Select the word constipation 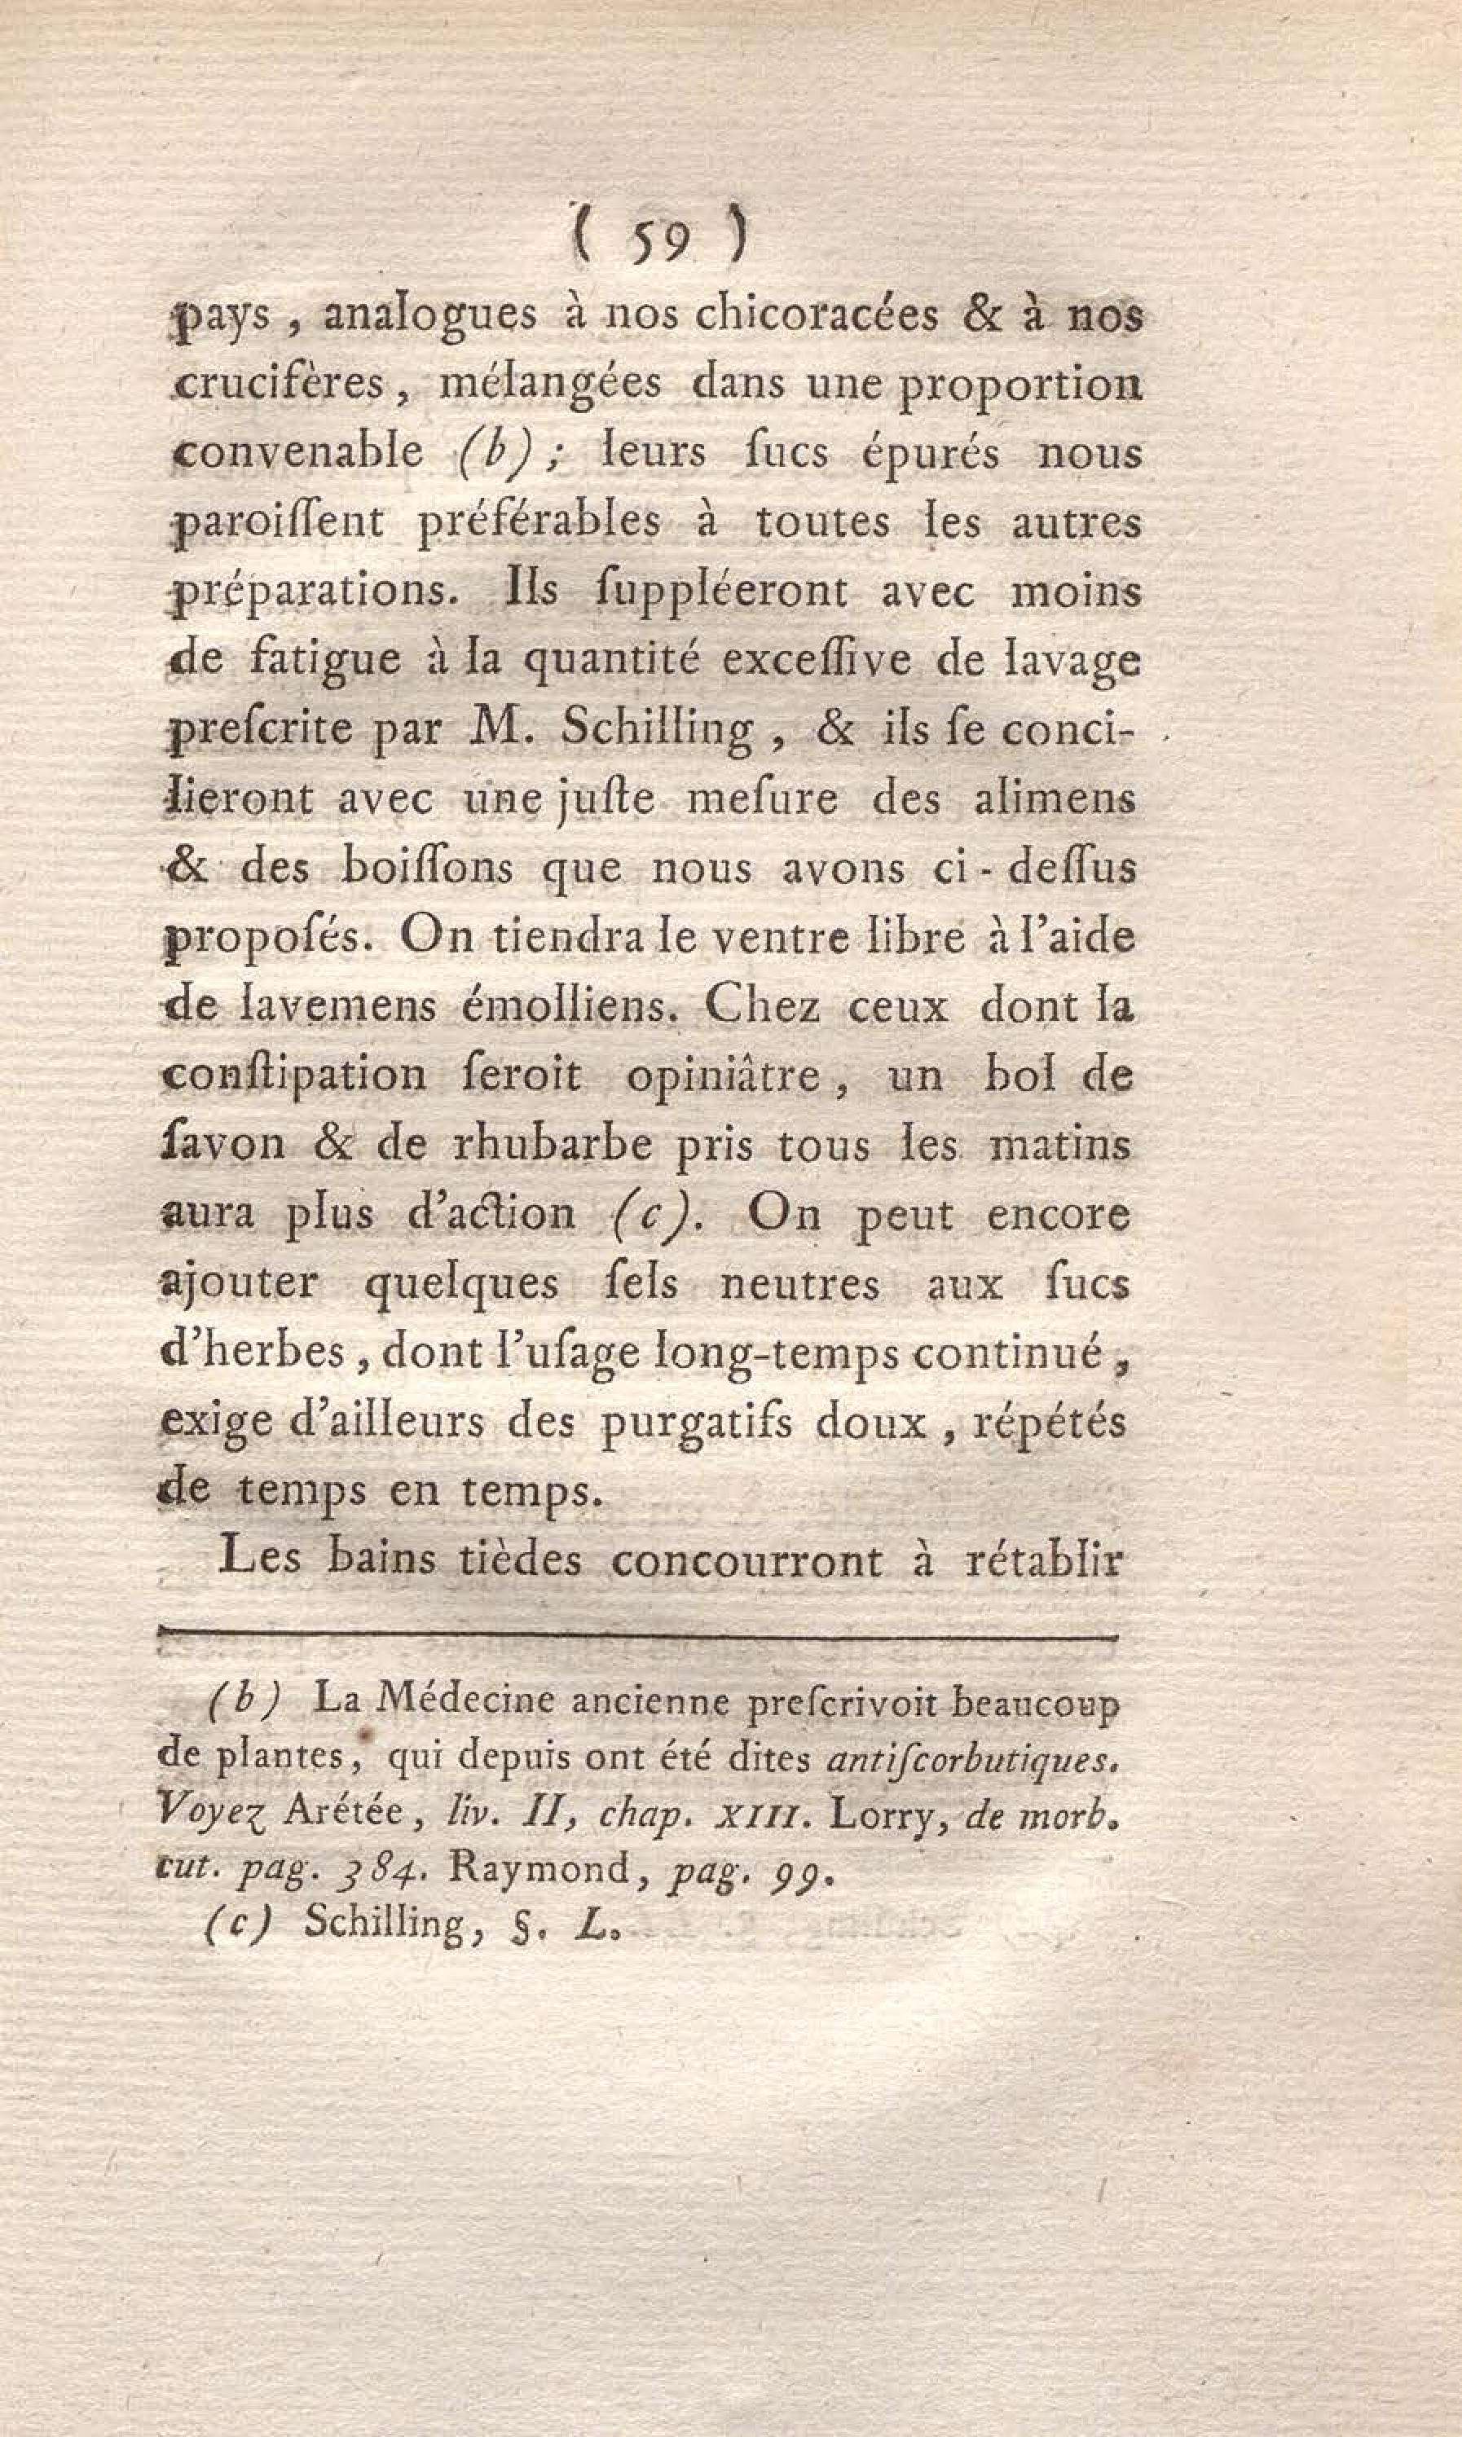[293, 1076]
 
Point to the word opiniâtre [722, 1076]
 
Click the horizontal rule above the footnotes [638, 1639]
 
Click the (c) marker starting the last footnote [236, 1923]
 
